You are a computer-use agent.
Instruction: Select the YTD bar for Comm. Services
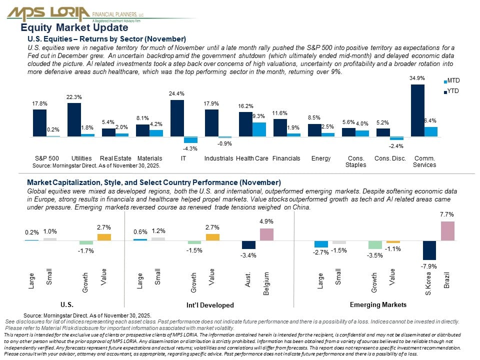click(417, 110)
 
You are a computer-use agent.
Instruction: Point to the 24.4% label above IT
click(177, 93)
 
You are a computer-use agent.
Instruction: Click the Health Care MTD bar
click(259, 129)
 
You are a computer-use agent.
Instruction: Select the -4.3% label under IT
click(190, 148)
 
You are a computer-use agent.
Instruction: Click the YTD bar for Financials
click(280, 127)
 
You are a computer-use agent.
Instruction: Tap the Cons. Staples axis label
click(355, 161)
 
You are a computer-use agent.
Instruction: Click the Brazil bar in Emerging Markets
click(447, 231)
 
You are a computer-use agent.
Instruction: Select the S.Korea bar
click(429, 250)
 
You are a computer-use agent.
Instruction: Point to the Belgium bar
click(266, 234)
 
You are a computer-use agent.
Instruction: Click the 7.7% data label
click(447, 214)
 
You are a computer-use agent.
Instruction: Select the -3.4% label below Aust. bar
click(248, 255)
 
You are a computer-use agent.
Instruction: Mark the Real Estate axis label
click(115, 158)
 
